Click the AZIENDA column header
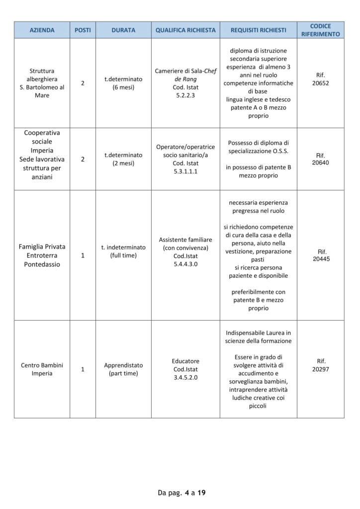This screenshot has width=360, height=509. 42,30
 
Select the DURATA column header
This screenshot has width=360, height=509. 123,30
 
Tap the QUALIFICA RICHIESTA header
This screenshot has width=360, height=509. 185,30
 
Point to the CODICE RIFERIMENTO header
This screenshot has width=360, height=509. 320,30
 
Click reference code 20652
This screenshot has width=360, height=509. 320,84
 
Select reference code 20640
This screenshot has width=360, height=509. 320,163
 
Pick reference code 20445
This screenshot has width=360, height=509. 320,259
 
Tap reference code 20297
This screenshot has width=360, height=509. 320,369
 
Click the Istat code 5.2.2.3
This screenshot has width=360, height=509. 185,95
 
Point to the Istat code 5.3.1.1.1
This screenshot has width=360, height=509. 185,171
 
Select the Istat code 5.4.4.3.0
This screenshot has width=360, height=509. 185,264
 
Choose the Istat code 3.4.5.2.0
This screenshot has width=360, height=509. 185,377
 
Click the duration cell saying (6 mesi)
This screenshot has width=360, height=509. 123,87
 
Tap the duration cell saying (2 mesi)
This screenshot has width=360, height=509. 123,163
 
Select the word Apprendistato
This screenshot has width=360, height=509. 123,365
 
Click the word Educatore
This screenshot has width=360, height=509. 185,361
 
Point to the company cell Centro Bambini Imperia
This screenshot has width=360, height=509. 42,369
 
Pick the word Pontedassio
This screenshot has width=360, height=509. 42,264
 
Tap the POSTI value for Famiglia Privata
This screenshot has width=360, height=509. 83,255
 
